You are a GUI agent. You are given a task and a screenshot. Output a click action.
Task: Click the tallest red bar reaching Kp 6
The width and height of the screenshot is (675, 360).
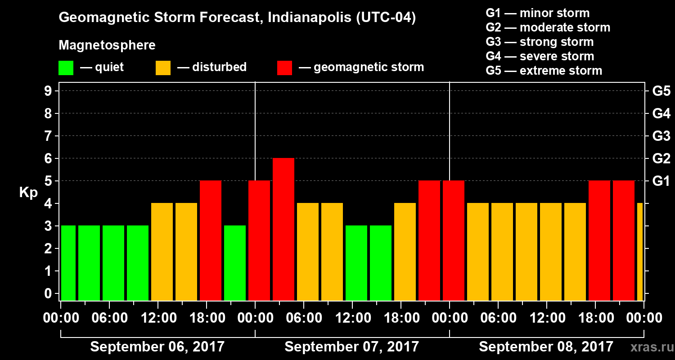point(283,229)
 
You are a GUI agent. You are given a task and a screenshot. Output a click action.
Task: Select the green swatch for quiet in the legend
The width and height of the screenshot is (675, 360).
point(66,68)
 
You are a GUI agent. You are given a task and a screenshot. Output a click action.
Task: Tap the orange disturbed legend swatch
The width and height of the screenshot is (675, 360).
point(163,68)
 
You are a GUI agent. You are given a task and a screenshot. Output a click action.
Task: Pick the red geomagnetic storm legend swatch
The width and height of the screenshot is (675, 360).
point(284,68)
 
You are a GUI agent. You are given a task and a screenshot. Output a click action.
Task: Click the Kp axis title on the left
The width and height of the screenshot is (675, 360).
point(28,193)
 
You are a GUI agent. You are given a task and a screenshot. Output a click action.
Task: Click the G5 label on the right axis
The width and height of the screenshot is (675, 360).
point(661,91)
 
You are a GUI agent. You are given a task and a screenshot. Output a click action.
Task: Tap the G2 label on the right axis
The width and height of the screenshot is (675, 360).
point(661,158)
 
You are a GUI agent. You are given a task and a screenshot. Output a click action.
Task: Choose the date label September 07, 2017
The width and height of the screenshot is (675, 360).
point(352,347)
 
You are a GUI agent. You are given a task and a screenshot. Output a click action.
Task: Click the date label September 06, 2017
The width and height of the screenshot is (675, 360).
point(157,347)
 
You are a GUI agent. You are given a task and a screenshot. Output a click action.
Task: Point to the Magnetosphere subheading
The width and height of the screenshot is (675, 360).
point(107,45)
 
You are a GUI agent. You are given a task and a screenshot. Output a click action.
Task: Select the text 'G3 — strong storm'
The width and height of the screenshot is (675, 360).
point(540,42)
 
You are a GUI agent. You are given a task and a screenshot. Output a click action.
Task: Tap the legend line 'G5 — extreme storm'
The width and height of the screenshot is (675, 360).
point(544,71)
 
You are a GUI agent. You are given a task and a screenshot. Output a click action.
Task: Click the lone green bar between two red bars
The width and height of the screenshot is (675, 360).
point(235,263)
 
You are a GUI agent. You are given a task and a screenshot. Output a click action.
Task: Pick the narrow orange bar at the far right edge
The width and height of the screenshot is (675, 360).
point(640,252)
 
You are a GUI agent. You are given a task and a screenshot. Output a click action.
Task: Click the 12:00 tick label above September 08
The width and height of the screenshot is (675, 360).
point(546,318)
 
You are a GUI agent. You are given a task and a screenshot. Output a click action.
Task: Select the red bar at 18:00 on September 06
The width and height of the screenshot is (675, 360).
point(211,240)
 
